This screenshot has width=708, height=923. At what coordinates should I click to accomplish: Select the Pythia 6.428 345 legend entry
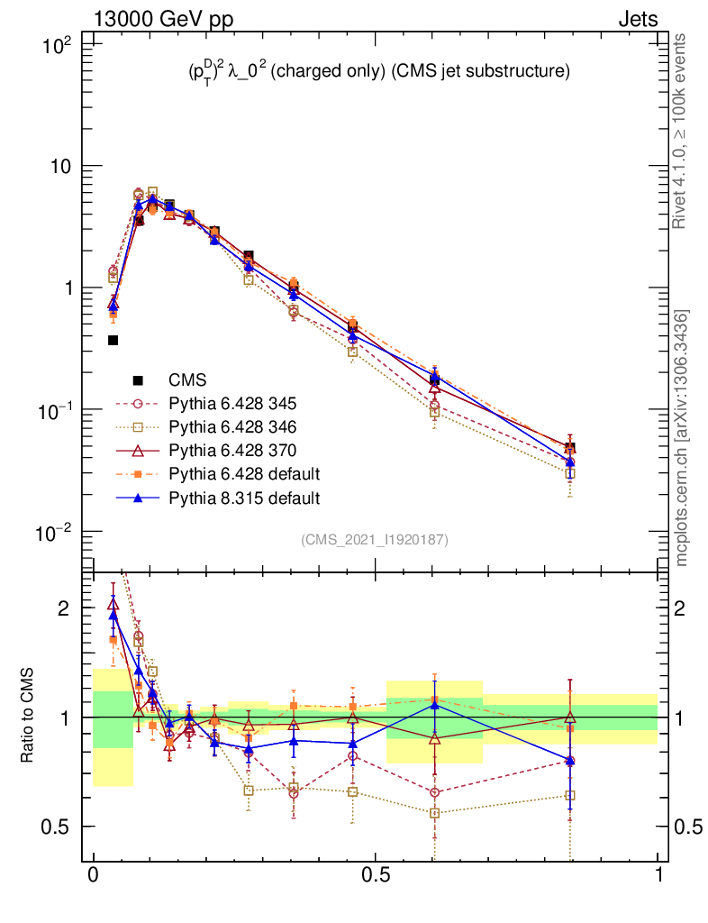[231, 404]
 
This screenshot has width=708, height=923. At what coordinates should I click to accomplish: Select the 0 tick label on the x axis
[93, 875]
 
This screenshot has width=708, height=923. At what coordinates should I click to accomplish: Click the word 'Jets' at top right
[637, 19]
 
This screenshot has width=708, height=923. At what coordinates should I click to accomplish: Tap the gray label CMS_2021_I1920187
[375, 540]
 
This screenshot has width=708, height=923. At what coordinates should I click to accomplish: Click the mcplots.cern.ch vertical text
[682, 438]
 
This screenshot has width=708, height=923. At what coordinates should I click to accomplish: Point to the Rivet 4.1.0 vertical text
[682, 131]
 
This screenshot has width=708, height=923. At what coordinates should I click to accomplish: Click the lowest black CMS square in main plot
[113, 340]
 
